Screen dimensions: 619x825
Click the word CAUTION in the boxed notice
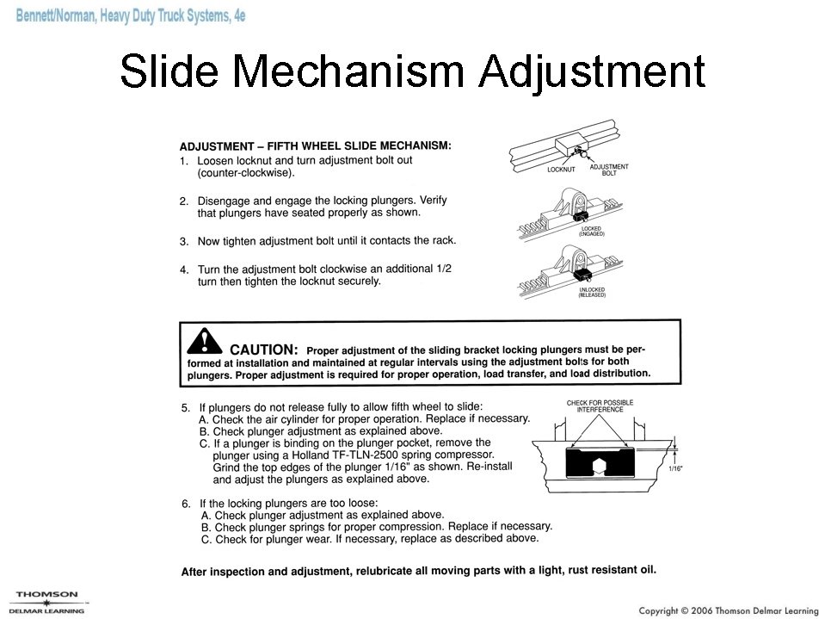pos(264,350)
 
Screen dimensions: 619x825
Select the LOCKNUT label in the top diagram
pos(561,170)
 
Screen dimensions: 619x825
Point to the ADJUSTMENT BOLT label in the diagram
pos(609,170)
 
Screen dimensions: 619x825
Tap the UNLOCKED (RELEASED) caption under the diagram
pos(592,292)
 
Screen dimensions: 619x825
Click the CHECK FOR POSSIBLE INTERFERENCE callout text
pos(600,406)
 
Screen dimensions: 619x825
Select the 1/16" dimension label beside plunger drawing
pos(678,469)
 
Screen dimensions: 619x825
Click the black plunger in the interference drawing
pos(600,464)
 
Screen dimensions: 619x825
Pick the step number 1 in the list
pos(183,161)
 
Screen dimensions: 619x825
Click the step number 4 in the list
pos(183,269)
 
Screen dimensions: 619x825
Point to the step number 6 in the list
pos(185,503)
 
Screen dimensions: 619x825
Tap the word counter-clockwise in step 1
pos(246,173)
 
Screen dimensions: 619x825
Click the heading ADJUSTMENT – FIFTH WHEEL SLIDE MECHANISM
pos(315,146)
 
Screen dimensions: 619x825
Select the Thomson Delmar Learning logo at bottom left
pos(47,601)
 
